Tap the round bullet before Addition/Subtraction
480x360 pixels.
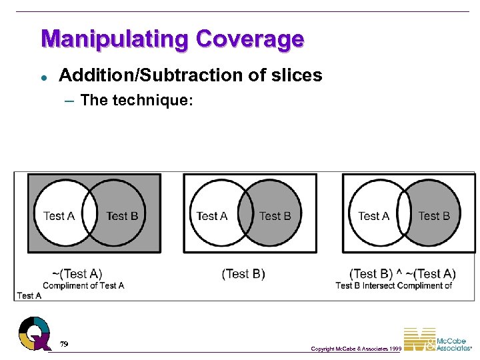43,77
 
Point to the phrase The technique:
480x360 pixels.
136,101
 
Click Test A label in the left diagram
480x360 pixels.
59,215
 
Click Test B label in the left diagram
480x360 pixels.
122,215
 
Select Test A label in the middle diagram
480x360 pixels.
212,215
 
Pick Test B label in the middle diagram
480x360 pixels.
275,215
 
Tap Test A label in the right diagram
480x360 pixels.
373,215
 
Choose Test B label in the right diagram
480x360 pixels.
434,215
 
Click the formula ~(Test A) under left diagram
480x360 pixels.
77,273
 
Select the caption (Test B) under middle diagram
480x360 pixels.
243,274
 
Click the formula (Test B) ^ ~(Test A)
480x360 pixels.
403,274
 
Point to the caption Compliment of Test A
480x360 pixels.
83,285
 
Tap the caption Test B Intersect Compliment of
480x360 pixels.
394,285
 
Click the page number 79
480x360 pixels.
63,344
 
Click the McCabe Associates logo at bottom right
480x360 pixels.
440,339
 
